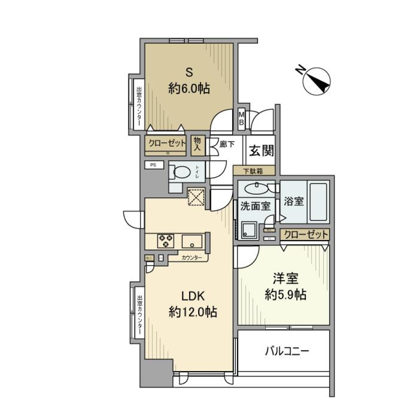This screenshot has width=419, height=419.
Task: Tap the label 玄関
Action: coord(261,151)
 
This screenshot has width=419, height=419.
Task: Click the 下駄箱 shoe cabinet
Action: coord(254,171)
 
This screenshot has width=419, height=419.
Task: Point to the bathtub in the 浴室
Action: coord(318,203)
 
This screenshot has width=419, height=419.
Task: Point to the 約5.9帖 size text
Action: coord(285,295)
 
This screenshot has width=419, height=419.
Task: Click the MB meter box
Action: coord(241,118)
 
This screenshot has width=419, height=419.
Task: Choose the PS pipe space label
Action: coord(153,165)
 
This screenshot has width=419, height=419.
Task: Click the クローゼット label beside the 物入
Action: coord(166,143)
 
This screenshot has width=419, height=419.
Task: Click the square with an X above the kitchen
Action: coord(195,196)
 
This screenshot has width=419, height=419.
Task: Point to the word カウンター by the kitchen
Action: coord(192,258)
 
